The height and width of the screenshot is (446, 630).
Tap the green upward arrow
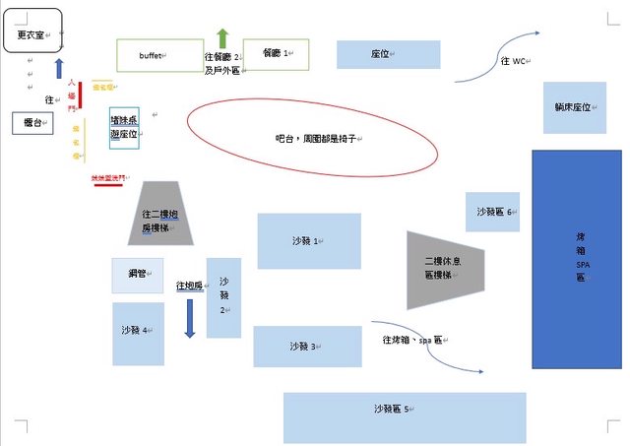pos(222,38)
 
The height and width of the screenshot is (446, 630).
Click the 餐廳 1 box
pos(276,54)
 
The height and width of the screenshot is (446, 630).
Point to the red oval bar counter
pos(312,141)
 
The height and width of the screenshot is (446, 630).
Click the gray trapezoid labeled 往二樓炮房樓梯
pos(160,213)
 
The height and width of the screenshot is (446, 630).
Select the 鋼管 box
pos(138,275)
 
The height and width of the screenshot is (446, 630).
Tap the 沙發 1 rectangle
pos(309,241)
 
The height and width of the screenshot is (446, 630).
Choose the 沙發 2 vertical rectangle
pos(223,297)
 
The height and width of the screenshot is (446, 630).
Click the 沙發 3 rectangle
pos(307,347)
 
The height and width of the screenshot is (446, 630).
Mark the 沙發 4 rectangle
pos(138,333)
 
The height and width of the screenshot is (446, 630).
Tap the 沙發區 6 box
pos(492,212)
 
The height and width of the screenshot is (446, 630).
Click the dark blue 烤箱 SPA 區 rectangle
pos(576,259)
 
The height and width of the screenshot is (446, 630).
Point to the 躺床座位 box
pos(572,107)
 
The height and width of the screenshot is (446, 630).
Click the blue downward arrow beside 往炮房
pos(190,317)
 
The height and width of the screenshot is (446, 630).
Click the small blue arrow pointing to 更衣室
pos(59,69)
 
